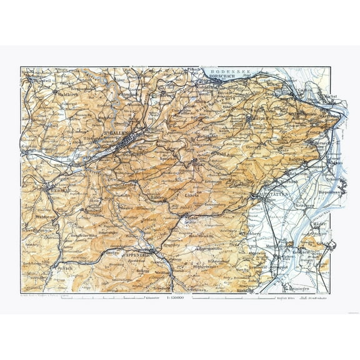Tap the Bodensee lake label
pyautogui.click(x=225, y=72)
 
